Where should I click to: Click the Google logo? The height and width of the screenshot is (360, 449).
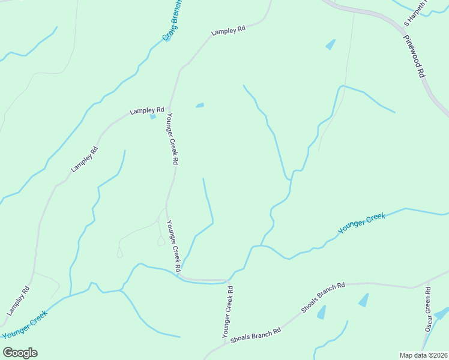(20, 353)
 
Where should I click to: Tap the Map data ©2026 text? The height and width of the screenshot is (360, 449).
(423, 355)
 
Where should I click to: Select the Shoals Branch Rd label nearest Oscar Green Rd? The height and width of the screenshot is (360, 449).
(324, 298)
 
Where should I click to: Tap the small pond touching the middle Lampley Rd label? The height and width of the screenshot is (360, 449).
(153, 116)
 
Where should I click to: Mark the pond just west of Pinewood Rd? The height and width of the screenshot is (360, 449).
(330, 44)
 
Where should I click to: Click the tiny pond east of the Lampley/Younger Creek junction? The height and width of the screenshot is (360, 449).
(200, 106)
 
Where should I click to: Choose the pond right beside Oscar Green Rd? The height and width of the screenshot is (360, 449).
(441, 314)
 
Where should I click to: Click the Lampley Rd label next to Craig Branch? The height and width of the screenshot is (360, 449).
(229, 30)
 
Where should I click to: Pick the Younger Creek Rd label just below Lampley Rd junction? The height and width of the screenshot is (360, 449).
(172, 139)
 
